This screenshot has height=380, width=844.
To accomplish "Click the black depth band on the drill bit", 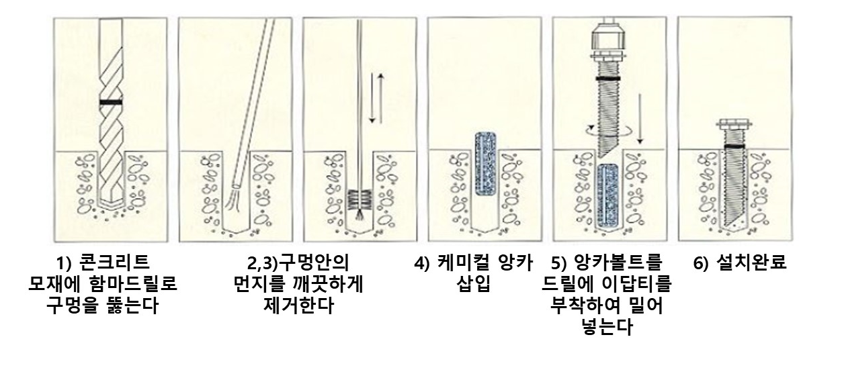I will (110, 103).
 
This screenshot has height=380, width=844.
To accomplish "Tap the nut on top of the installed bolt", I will (734, 124).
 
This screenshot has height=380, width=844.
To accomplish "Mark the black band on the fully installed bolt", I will (734, 145).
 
